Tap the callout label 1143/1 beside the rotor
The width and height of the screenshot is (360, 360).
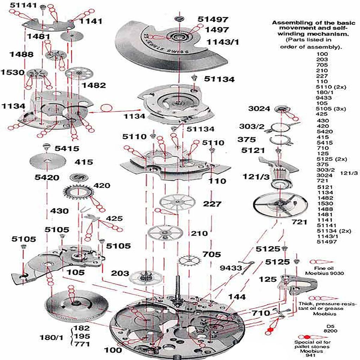point(222,42)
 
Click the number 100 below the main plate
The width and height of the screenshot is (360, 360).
point(113,350)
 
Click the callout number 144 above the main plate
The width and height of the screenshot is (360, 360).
point(236,297)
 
